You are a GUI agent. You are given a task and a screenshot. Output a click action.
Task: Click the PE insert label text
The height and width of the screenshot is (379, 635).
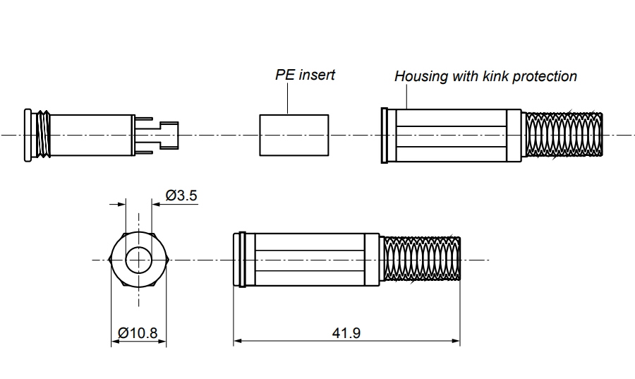[x=305, y=75]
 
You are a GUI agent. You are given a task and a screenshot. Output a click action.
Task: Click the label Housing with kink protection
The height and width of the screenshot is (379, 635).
[x=485, y=76]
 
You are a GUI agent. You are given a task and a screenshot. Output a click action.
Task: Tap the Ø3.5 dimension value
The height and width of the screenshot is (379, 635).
[x=181, y=195]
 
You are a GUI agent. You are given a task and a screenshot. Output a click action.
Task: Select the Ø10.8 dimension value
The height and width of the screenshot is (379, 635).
[x=138, y=332]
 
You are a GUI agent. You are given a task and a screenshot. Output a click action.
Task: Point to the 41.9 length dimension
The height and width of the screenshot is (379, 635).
[x=346, y=332]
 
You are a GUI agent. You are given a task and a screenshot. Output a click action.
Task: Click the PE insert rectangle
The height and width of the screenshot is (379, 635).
[x=294, y=135]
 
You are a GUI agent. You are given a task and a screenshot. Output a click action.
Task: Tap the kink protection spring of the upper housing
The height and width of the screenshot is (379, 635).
[x=564, y=135]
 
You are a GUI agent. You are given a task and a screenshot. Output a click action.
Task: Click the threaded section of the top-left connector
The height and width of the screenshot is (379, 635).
[x=44, y=135]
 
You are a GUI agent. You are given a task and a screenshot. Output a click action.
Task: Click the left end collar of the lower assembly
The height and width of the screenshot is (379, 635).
[x=239, y=260]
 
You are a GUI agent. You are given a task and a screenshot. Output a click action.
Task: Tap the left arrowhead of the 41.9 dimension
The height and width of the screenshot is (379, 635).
[x=238, y=342]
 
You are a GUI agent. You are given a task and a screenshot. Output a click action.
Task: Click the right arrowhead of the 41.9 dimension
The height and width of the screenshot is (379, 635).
[x=457, y=342]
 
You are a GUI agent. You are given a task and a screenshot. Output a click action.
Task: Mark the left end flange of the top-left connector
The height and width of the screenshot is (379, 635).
[x=28, y=135]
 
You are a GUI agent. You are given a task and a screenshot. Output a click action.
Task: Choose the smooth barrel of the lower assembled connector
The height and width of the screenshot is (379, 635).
[x=310, y=260]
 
